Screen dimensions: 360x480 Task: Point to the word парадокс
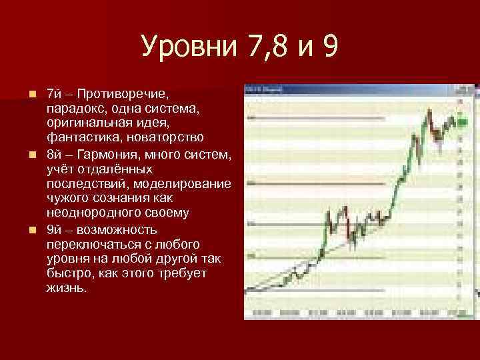click(x=75, y=107)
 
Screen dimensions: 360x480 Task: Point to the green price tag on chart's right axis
click(x=461, y=122)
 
